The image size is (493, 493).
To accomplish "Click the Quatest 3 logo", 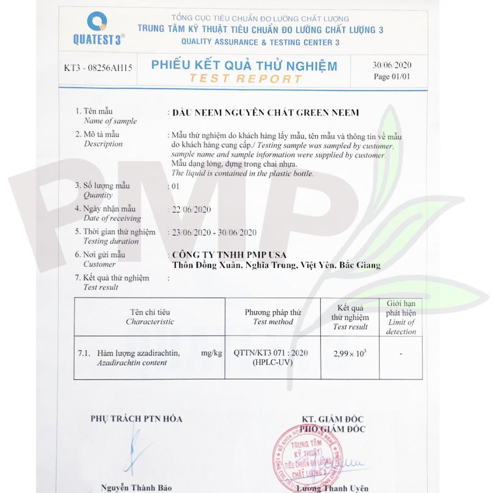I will (x=98, y=28).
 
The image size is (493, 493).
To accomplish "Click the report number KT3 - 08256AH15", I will (x=98, y=68).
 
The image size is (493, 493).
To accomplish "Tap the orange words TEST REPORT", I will (x=246, y=79).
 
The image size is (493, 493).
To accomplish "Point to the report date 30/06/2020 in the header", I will (x=392, y=65).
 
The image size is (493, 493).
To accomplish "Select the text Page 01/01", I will (x=392, y=77).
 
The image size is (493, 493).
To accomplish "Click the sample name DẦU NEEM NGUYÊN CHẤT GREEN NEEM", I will (x=266, y=113).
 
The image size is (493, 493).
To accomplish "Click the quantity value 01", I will (x=175, y=186).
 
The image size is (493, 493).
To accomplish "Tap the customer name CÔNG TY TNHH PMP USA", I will (x=229, y=255).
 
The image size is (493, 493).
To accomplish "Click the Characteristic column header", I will (x=150, y=317).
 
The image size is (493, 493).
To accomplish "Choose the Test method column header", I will (x=273, y=317).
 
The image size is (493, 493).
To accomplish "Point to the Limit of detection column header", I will (x=401, y=317).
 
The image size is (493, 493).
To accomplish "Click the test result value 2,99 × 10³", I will (x=350, y=353).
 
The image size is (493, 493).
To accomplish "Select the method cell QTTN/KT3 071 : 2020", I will (x=271, y=353).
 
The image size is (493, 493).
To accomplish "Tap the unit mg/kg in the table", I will (x=211, y=353).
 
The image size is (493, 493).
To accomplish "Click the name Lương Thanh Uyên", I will (x=332, y=488).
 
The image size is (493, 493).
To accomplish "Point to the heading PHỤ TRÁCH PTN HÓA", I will (x=136, y=419).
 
